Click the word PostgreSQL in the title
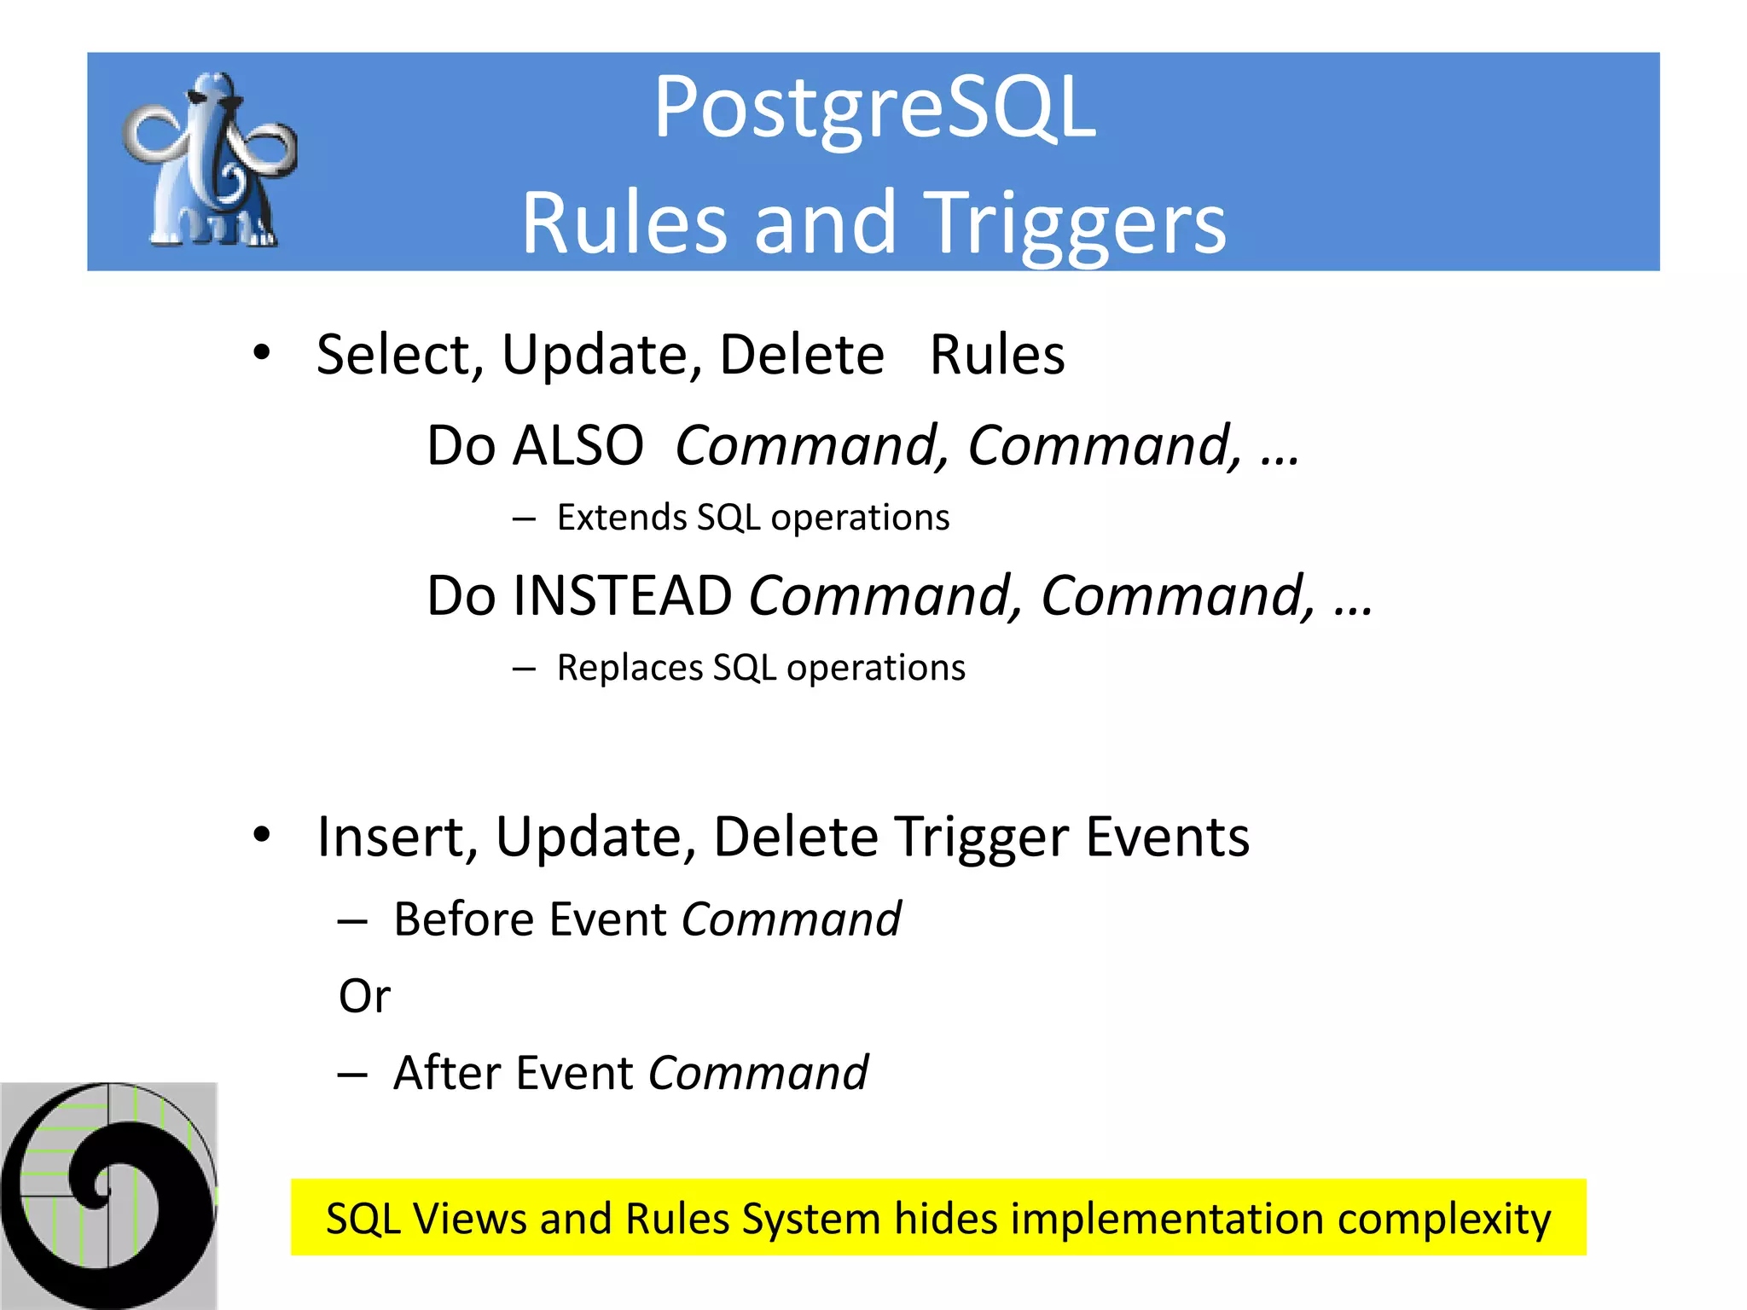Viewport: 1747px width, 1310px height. (874, 109)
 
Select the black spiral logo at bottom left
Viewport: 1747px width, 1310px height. (108, 1194)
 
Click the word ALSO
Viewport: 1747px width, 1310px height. (577, 445)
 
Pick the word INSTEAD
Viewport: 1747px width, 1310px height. (623, 595)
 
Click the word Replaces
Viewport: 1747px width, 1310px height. (628, 668)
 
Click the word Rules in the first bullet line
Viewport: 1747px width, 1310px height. (996, 355)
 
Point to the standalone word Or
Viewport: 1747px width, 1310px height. (364, 996)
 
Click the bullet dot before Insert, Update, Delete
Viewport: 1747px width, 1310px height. (262, 835)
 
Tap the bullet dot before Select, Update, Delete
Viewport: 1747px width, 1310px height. (262, 352)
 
